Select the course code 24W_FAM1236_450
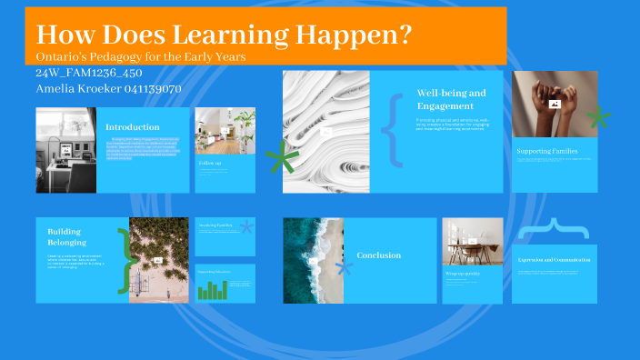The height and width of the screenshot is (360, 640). tap(88, 73)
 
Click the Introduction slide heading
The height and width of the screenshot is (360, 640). tap(133, 127)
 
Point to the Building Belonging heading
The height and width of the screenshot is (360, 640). tap(67, 237)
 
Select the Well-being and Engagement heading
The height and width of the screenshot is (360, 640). tap(452, 99)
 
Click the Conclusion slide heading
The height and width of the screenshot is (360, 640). tap(378, 255)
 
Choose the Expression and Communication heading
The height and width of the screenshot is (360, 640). tap(554, 260)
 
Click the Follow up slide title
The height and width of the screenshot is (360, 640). tap(211, 163)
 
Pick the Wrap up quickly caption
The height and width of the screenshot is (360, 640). tap(464, 272)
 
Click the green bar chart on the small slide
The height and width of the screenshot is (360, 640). tap(213, 290)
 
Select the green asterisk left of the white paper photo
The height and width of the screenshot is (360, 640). tap(282, 162)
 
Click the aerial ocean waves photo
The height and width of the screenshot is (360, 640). tap(313, 260)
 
